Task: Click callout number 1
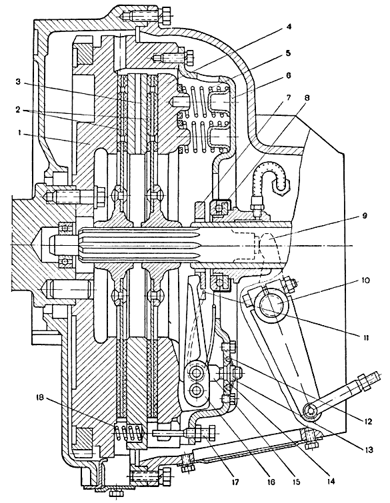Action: (x=21, y=133)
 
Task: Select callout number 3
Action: (x=18, y=82)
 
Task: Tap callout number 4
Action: (x=289, y=27)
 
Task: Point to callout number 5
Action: (x=288, y=53)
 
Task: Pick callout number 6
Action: (x=288, y=76)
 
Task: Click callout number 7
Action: (x=288, y=97)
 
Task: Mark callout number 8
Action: (x=307, y=98)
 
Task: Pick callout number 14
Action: (x=331, y=482)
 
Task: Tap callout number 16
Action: (x=271, y=482)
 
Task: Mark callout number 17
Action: (x=235, y=482)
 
